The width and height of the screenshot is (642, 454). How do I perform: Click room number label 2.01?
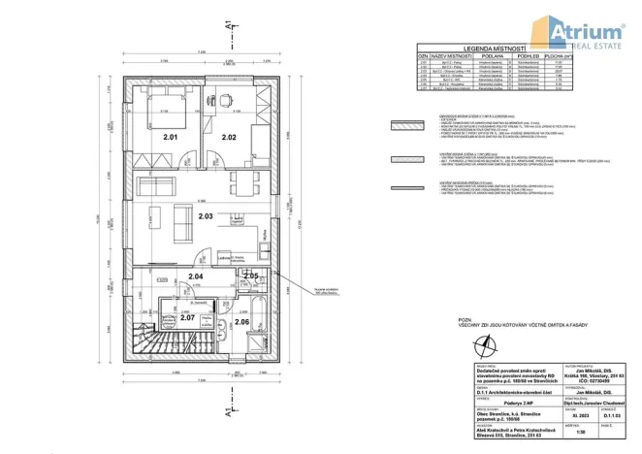(x=170, y=138)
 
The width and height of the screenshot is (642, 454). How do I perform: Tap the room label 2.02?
(x=229, y=138)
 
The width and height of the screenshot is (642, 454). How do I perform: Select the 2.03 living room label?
(x=205, y=217)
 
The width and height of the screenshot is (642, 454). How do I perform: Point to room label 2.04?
(x=195, y=277)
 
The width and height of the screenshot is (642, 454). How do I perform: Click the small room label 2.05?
(x=250, y=276)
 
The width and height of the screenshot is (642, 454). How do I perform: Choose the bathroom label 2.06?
(x=241, y=321)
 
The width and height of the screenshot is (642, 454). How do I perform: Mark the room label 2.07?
(x=187, y=317)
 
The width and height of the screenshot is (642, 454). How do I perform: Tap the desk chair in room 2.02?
(x=225, y=99)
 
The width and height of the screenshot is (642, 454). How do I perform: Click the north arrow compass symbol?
(x=496, y=341)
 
